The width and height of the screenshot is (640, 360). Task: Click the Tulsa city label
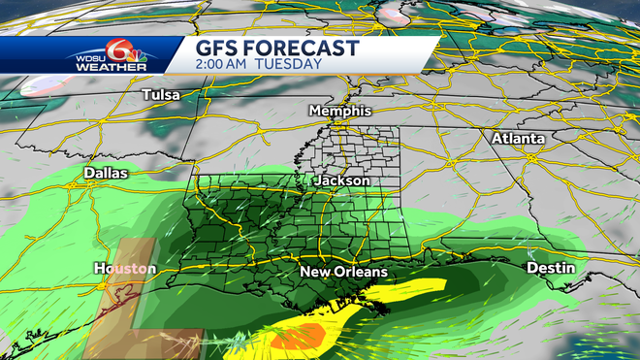click(161, 95)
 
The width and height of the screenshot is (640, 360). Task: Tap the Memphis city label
click(340, 112)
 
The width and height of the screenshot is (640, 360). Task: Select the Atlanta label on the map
click(518, 139)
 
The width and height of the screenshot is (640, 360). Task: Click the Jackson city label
click(341, 180)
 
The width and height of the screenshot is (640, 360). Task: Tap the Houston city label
click(125, 268)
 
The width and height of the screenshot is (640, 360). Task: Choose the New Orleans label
click(343, 272)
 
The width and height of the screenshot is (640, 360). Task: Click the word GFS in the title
click(220, 49)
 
